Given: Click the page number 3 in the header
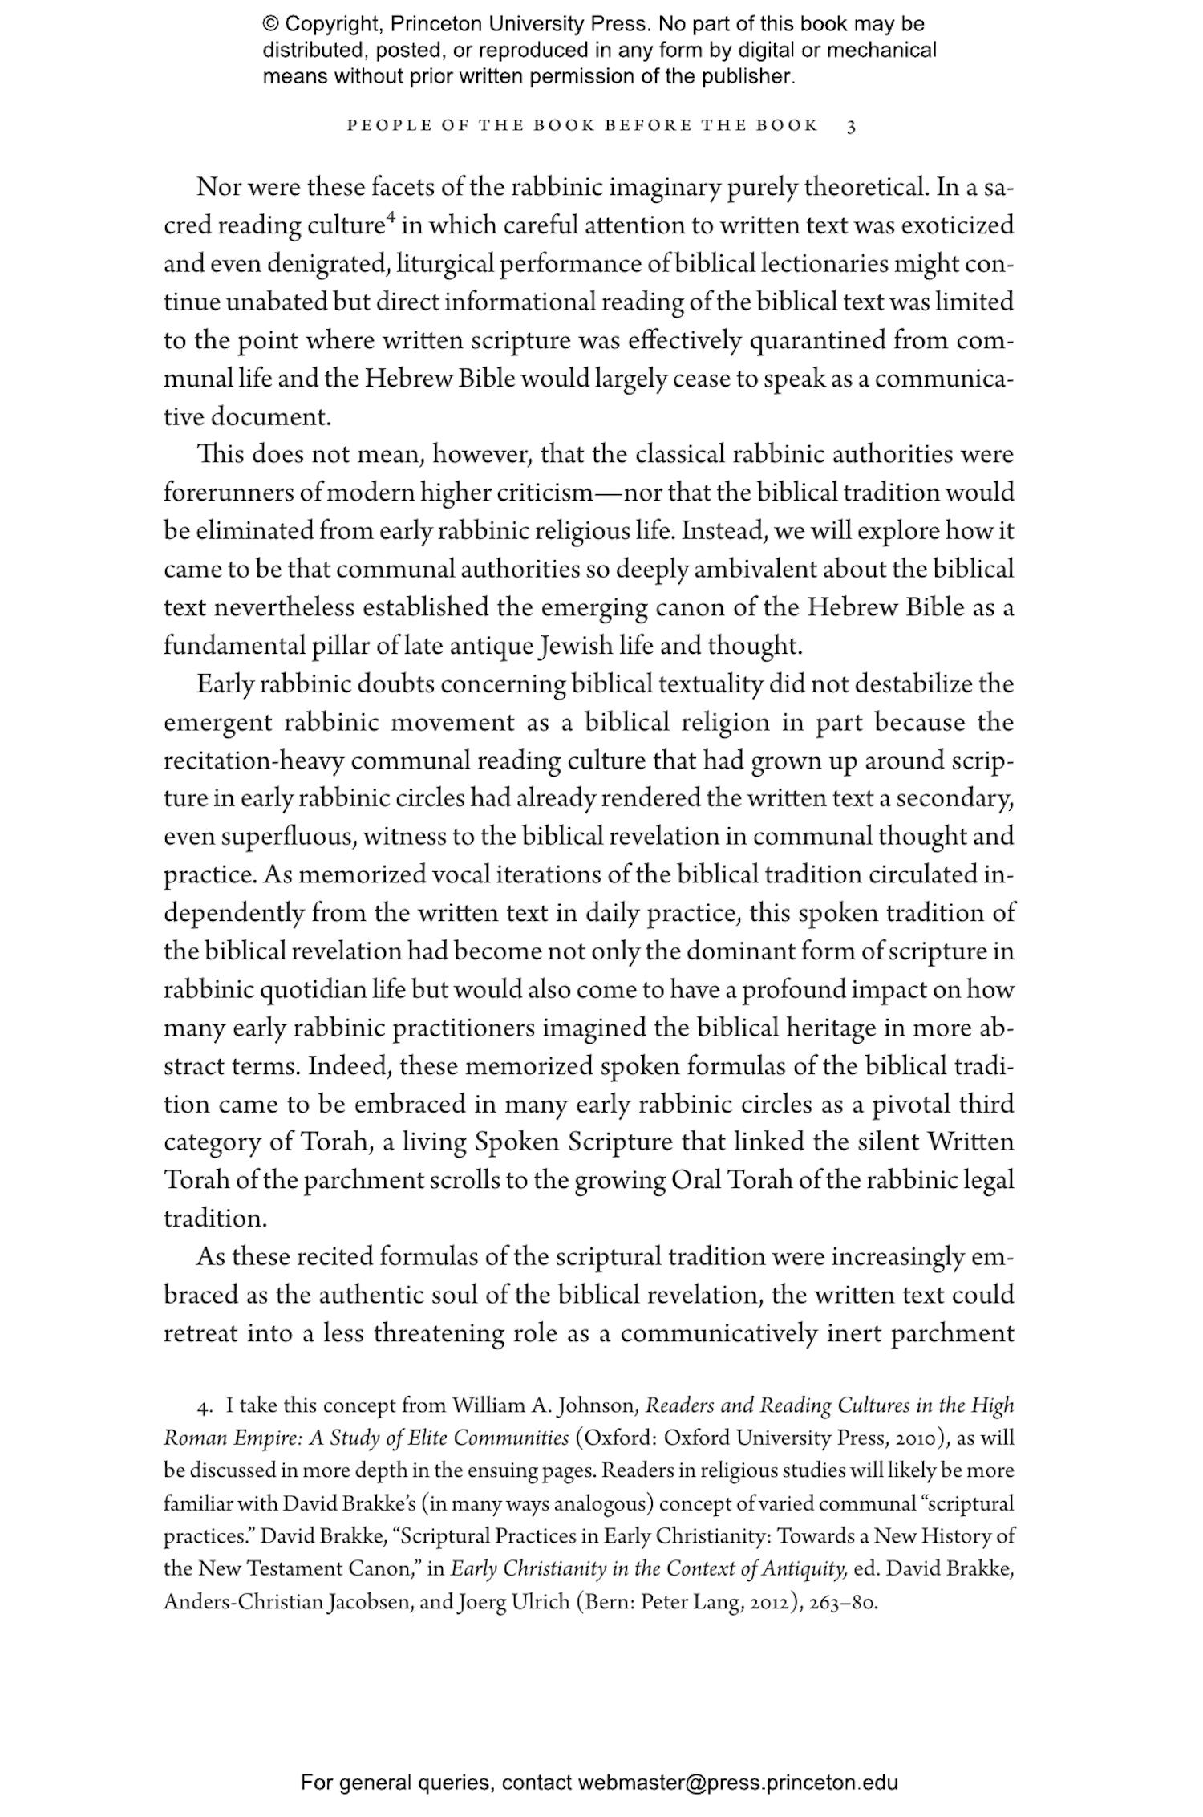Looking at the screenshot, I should click(x=852, y=126).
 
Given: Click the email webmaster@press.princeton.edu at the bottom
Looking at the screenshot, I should click(x=737, y=1783).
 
